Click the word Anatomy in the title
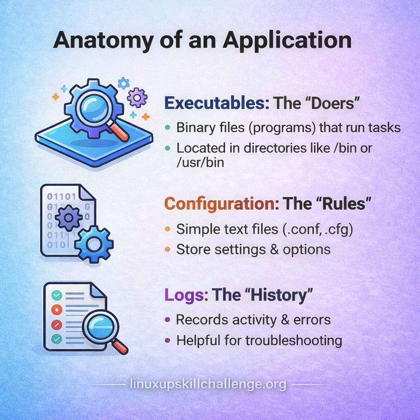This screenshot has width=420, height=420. tap(103, 41)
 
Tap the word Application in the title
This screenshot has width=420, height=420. tap(287, 41)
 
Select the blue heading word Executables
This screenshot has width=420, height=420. tap(217, 103)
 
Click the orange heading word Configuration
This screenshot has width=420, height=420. tap(221, 204)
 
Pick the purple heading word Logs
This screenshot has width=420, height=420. tap(186, 295)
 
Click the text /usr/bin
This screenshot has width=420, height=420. tap(200, 162)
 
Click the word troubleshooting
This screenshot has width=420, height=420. tap(294, 341)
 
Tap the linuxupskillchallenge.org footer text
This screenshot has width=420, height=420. tap(208, 384)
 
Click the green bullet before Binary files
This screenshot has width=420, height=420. tap(168, 128)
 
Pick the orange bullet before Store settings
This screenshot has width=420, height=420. tap(168, 249)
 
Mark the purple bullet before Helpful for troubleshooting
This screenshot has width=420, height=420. tap(168, 340)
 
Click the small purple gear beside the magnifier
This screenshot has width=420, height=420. tap(137, 98)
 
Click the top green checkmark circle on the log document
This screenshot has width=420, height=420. tap(57, 296)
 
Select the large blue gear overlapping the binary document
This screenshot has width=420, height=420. tap(94, 244)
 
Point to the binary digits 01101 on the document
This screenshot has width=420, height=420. tap(62, 196)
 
